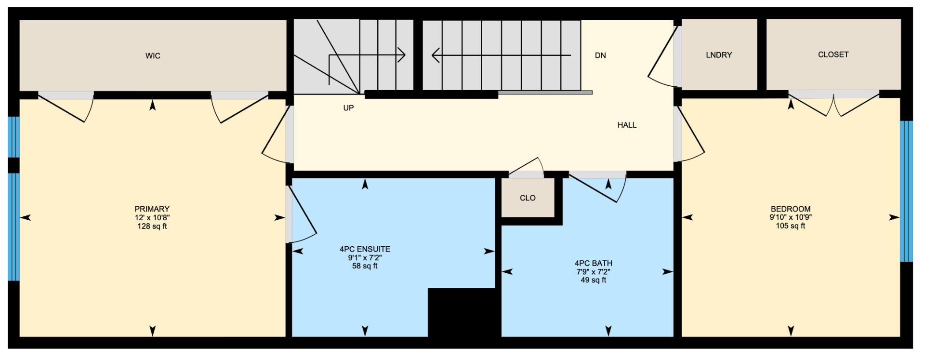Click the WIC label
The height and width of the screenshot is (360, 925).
tap(153, 56)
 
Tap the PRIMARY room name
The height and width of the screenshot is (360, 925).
tap(152, 209)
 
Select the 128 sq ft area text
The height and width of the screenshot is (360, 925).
tap(152, 227)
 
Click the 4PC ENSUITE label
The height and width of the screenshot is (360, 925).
tap(365, 249)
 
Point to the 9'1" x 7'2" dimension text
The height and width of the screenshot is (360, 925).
tap(365, 258)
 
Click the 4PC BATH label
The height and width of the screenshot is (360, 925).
tap(594, 263)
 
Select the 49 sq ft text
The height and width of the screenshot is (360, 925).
tap(594, 280)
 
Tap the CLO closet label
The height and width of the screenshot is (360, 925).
tap(528, 198)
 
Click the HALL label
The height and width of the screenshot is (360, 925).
tap(627, 125)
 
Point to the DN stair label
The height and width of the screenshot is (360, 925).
tap(600, 55)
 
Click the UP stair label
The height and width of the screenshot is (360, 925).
tap(348, 108)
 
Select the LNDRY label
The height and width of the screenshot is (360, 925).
tap(719, 55)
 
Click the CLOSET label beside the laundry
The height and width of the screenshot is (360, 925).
tap(833, 55)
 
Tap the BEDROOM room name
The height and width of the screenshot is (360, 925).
tap(791, 209)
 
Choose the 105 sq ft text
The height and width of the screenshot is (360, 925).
tap(791, 226)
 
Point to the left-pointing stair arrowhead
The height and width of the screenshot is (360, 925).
tap(436, 55)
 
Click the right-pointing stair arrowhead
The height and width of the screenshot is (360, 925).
tap(402, 55)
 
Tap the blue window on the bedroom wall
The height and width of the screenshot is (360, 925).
tap(907, 191)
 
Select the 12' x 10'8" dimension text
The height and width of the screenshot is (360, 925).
tap(152, 218)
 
